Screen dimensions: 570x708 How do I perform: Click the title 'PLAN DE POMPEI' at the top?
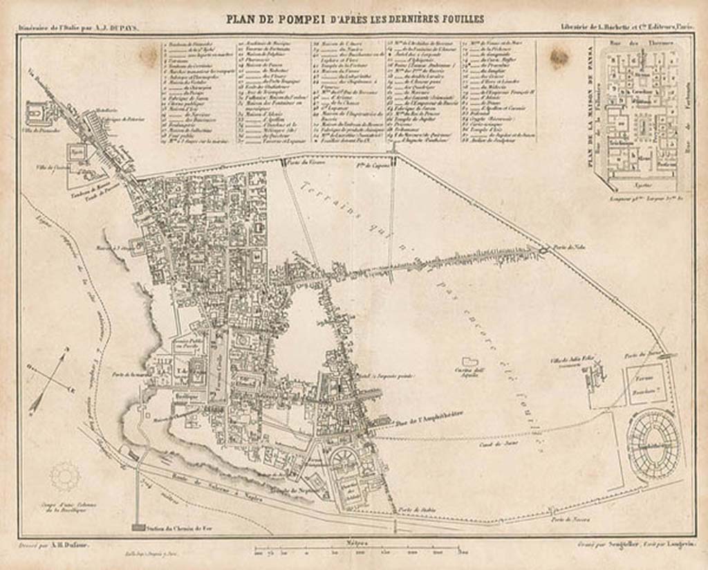[x=280, y=19]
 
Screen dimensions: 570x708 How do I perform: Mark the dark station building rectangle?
[x=137, y=528]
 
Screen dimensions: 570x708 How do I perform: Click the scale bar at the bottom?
[x=360, y=551]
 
